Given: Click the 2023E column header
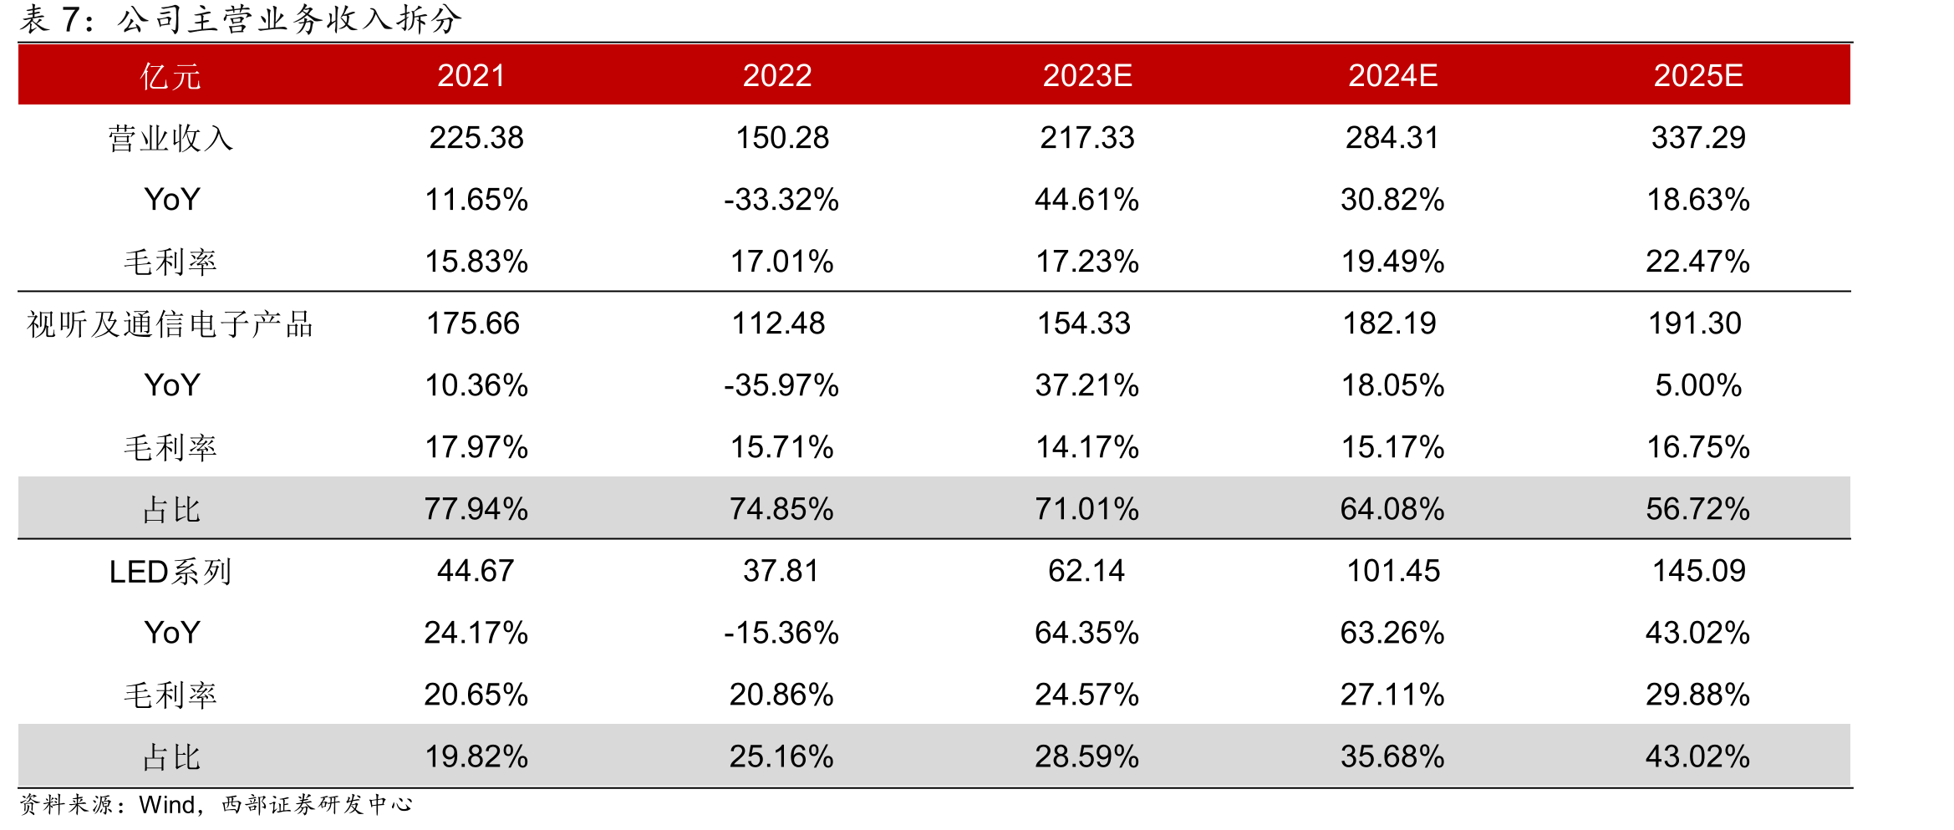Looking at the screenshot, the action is coord(1087,75).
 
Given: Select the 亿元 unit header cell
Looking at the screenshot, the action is coord(170,76).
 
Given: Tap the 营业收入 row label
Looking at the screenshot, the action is coord(170,138).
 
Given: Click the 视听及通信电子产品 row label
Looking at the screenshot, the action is coord(170,323).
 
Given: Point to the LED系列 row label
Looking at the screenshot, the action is coord(170,572).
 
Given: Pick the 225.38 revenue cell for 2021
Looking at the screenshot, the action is coord(476,138).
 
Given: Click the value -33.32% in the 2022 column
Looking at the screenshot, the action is coord(781,200).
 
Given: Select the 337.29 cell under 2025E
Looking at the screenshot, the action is coord(1698,138).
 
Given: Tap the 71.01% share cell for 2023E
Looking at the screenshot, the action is coord(1087,509).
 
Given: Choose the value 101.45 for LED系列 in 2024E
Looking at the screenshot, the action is coord(1393,571).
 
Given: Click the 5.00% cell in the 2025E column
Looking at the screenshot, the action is coord(1698,385).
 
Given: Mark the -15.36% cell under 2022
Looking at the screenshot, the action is coord(781,633).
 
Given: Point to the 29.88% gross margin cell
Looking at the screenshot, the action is coord(1698,695).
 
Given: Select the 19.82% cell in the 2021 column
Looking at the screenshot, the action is coord(476,756).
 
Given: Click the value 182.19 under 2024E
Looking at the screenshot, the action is coord(1389,323).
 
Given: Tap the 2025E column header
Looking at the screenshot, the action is coord(1698,75).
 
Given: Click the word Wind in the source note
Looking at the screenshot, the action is coord(167,804).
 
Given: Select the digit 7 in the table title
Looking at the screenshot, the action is coord(70,19).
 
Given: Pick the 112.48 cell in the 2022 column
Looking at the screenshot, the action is coord(778,323).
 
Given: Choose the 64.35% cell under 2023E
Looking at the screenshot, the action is coord(1087,633).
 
